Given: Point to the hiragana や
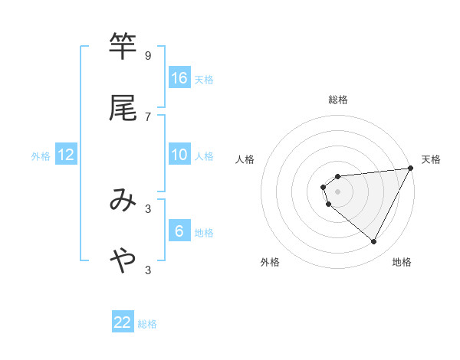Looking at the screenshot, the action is point(123,260).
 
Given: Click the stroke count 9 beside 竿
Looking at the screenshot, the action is point(147,56).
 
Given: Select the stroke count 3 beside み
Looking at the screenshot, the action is point(147,208).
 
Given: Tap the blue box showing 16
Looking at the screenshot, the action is point(179,77).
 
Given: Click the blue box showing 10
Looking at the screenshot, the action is point(179,154).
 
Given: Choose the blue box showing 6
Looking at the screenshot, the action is point(179,231).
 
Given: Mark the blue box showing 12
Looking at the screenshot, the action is point(66,155).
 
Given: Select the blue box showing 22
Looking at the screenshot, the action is point(123,322).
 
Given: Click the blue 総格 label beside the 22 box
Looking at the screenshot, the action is point(147,324).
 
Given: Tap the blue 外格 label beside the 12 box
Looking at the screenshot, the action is point(41,156).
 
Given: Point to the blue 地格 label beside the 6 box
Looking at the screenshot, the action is point(204,232).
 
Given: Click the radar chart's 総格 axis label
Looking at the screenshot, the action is point(338,100).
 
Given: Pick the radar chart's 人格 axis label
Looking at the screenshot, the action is point(245,159).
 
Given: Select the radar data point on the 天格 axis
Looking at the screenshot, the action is point(412,168).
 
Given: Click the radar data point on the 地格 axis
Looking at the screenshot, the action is point(374,242).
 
